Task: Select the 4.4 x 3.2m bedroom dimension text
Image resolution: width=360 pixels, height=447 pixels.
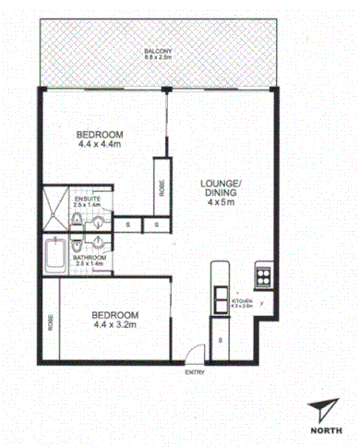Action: pyautogui.click(x=114, y=325)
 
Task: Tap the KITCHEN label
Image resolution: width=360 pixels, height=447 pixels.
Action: pyautogui.click(x=242, y=301)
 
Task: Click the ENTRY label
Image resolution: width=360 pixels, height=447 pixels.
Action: pyautogui.click(x=195, y=372)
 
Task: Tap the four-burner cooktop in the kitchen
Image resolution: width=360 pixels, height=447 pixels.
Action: pyautogui.click(x=262, y=275)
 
